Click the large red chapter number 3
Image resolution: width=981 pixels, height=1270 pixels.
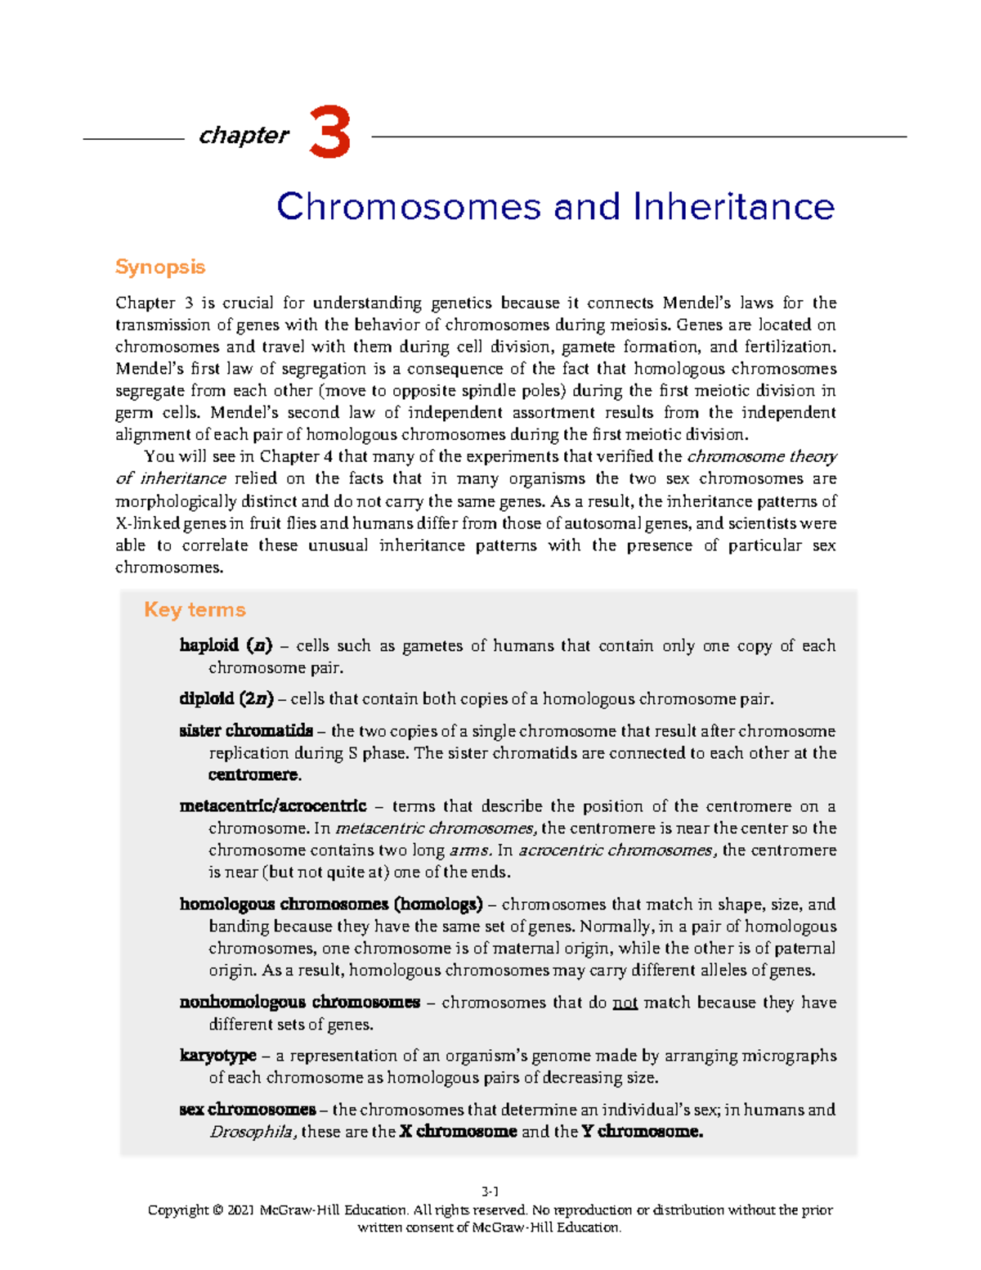click(330, 133)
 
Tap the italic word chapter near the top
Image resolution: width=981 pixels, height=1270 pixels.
click(244, 135)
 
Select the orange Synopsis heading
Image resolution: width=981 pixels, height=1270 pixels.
click(159, 267)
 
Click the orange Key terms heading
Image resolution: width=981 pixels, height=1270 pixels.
click(195, 609)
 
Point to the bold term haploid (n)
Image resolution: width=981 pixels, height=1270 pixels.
click(226, 645)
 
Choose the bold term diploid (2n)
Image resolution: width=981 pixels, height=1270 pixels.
click(226, 698)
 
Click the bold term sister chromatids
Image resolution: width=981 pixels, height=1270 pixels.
click(246, 730)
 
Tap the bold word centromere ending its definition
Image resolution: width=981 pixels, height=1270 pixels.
click(254, 774)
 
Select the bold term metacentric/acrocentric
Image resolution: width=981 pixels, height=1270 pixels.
click(272, 806)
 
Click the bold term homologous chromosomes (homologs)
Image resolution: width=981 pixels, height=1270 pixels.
click(331, 904)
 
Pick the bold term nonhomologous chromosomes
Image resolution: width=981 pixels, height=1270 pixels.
click(299, 1002)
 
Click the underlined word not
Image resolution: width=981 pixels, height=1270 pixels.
click(625, 1003)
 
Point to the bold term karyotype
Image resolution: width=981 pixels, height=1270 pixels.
click(217, 1056)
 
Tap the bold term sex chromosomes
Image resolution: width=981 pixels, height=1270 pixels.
click(247, 1110)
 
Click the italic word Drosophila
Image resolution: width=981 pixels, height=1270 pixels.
click(253, 1132)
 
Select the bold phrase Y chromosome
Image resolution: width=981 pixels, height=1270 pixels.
click(642, 1132)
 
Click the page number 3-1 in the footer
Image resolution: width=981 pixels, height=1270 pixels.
click(490, 1191)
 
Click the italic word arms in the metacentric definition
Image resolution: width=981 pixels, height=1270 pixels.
click(470, 850)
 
